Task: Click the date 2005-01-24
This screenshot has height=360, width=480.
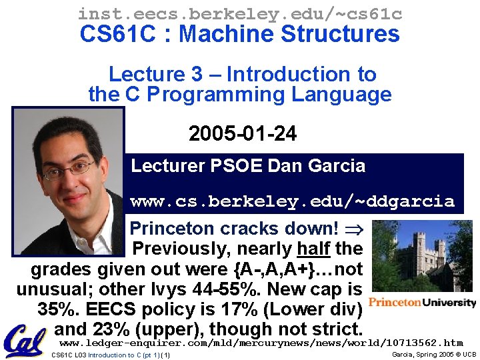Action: click(x=243, y=134)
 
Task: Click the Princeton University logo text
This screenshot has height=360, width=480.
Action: click(x=422, y=302)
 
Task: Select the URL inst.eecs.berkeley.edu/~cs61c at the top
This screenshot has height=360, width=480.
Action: click(x=240, y=13)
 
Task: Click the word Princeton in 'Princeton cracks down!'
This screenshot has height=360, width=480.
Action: click(x=172, y=229)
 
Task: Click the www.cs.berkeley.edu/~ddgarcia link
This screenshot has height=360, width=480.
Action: click(x=292, y=201)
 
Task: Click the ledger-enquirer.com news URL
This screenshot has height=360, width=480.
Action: click(x=261, y=343)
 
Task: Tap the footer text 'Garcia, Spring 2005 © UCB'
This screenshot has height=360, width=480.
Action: click(x=433, y=355)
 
